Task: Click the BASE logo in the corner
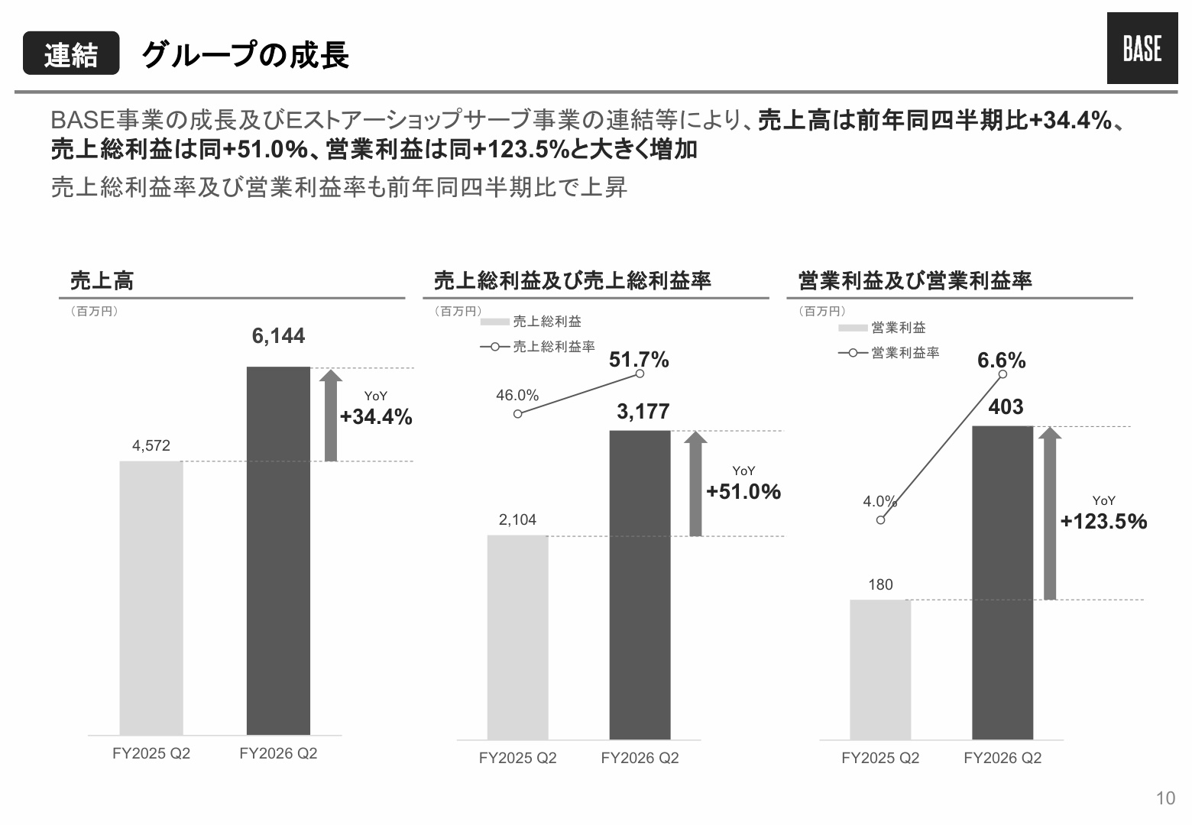(x=1142, y=48)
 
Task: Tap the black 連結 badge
(x=71, y=53)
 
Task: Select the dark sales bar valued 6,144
(x=278, y=551)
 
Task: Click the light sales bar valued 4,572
(x=151, y=598)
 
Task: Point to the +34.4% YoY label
(x=376, y=416)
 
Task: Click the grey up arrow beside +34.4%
(x=330, y=416)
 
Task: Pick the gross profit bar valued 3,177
(x=640, y=584)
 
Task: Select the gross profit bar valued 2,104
(x=518, y=637)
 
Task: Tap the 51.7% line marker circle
(x=640, y=374)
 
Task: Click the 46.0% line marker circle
(x=518, y=414)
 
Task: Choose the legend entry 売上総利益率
(x=537, y=347)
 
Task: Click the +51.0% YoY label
(x=743, y=491)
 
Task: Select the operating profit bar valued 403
(x=1003, y=582)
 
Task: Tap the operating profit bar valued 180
(x=880, y=669)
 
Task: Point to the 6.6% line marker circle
(x=1003, y=374)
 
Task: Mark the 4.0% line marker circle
(x=881, y=519)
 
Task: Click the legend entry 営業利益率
(x=889, y=353)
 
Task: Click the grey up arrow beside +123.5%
(x=1050, y=513)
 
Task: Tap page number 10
(x=1165, y=797)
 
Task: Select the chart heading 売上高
(x=102, y=280)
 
